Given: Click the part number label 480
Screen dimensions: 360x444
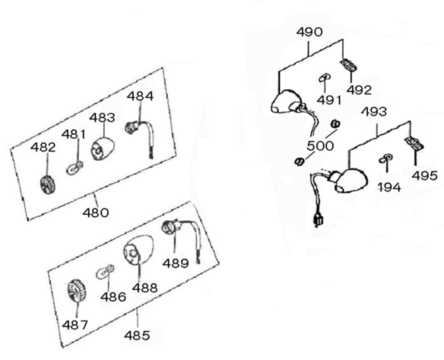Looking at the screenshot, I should (95, 212).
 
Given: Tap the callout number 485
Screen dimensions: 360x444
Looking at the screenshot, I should (137, 335).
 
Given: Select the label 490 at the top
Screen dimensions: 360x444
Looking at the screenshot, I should (309, 32).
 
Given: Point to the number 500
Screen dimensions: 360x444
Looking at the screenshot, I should (320, 146).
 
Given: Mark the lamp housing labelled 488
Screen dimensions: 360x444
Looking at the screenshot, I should (135, 252).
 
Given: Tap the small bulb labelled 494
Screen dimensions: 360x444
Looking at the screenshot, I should (385, 159).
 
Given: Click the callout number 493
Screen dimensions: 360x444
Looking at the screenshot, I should (373, 111).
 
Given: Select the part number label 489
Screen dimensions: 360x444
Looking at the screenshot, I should (175, 263).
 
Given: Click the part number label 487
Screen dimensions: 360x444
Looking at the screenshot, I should (75, 325).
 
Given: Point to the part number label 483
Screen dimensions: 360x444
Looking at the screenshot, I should (102, 117).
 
